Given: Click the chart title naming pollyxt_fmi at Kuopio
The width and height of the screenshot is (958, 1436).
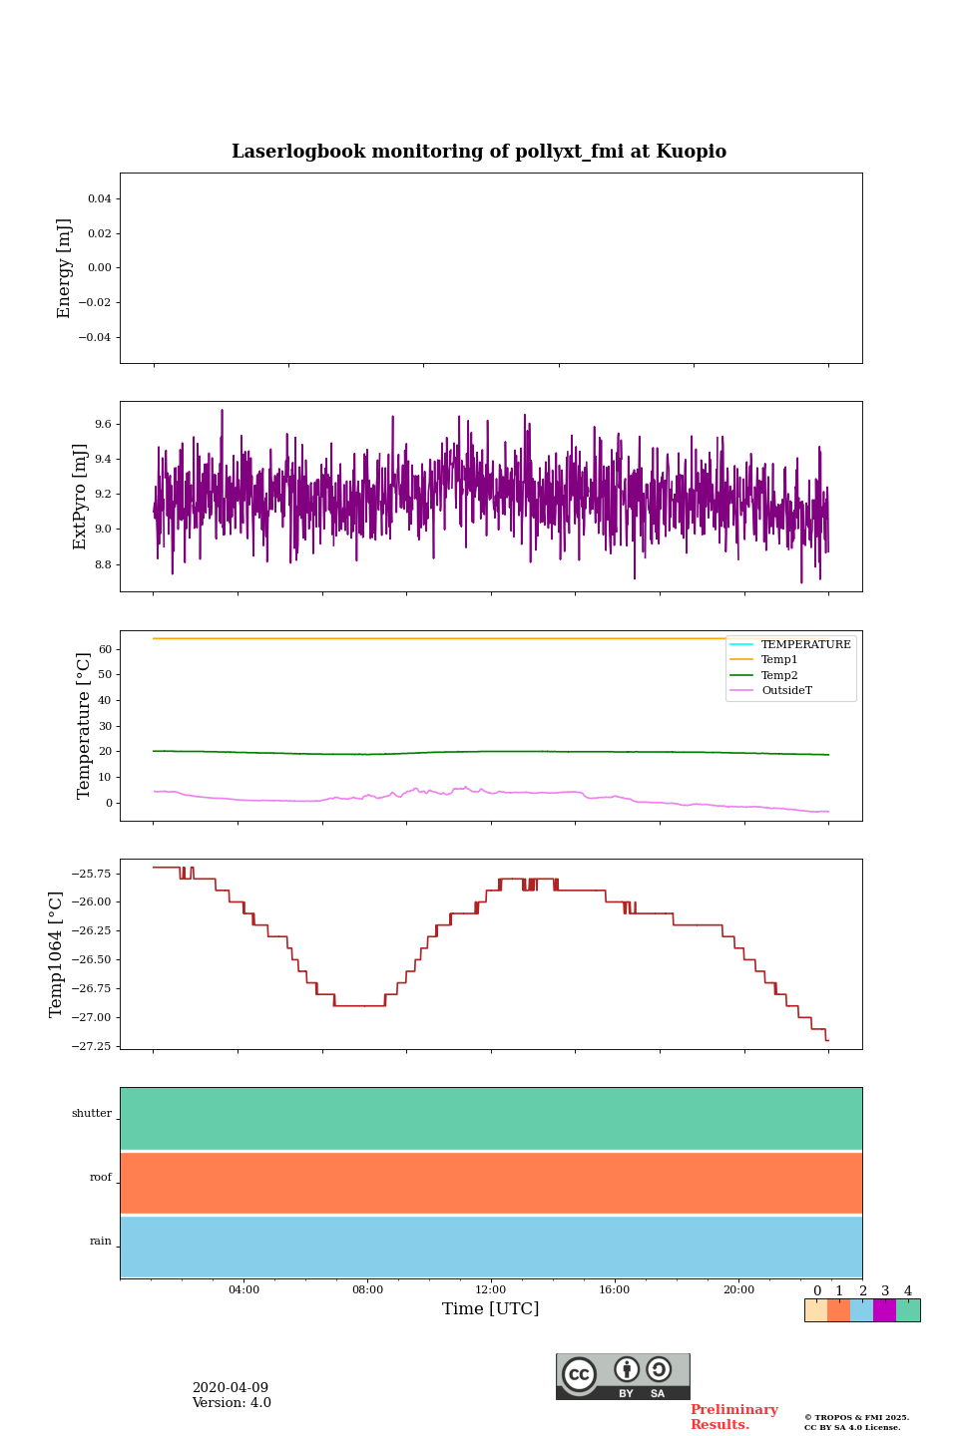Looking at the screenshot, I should (479, 152).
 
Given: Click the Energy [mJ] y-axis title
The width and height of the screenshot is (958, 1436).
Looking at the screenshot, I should (65, 268).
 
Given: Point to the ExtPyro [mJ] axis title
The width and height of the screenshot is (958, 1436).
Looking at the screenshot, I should (81, 497).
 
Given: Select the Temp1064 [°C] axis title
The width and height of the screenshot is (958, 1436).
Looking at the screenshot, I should (57, 954).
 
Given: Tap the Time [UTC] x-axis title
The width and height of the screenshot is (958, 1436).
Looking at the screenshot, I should (490, 1308).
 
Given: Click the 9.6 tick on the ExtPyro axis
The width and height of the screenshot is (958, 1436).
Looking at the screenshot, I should (103, 425).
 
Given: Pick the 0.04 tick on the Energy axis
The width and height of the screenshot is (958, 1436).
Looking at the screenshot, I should (99, 199).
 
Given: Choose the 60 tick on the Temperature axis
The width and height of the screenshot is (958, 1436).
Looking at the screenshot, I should (104, 649).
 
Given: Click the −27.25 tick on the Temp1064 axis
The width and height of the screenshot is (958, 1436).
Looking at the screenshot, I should (92, 1046).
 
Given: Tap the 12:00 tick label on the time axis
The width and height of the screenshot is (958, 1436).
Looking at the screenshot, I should (491, 1290).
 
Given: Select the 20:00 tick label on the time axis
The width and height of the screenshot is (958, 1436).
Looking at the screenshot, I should (738, 1290).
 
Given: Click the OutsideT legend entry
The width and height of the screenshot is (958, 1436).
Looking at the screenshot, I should (786, 691).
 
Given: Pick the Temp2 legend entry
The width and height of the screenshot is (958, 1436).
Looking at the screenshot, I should (779, 676).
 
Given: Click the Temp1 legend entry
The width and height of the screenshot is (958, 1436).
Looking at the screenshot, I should (779, 660).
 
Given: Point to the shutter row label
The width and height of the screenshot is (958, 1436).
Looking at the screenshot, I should (92, 1114).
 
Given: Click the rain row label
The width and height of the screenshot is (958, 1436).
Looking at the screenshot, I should (101, 1242).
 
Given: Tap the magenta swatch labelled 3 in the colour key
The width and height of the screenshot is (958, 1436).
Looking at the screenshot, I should (884, 1310).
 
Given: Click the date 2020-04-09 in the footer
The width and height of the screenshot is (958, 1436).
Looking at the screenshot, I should (231, 1388).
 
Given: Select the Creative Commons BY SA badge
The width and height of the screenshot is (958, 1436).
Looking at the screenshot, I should (623, 1376).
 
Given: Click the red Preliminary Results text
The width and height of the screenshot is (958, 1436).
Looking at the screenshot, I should (733, 1417).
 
